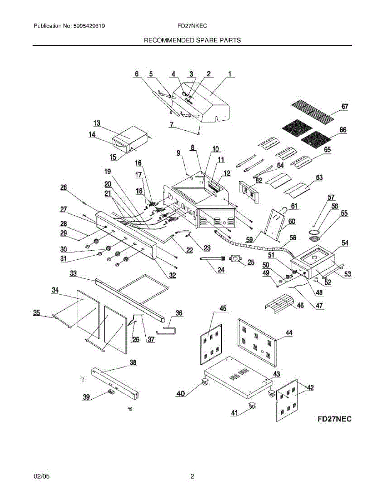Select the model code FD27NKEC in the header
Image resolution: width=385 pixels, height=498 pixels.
tap(192, 26)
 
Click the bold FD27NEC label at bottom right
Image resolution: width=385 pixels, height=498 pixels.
tap(334, 419)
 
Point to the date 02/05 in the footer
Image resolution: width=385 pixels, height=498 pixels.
tap(41, 477)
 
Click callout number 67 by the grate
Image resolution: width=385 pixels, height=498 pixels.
tap(345, 107)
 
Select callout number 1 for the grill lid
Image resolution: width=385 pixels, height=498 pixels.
tap(229, 74)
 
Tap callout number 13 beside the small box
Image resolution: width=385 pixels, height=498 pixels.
tap(97, 123)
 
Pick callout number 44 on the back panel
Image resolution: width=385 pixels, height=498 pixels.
tap(289, 332)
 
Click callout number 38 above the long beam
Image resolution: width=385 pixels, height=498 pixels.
tap(132, 362)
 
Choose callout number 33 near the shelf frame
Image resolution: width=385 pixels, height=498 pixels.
tap(73, 273)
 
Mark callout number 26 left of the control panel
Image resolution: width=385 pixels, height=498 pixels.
tap(64, 187)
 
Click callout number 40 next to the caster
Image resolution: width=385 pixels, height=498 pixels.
tap(180, 394)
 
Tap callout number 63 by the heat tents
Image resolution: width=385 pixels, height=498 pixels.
tap(319, 177)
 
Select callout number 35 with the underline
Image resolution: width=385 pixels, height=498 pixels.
tap(37, 312)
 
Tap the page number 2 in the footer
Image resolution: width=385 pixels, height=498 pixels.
tap(192, 477)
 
